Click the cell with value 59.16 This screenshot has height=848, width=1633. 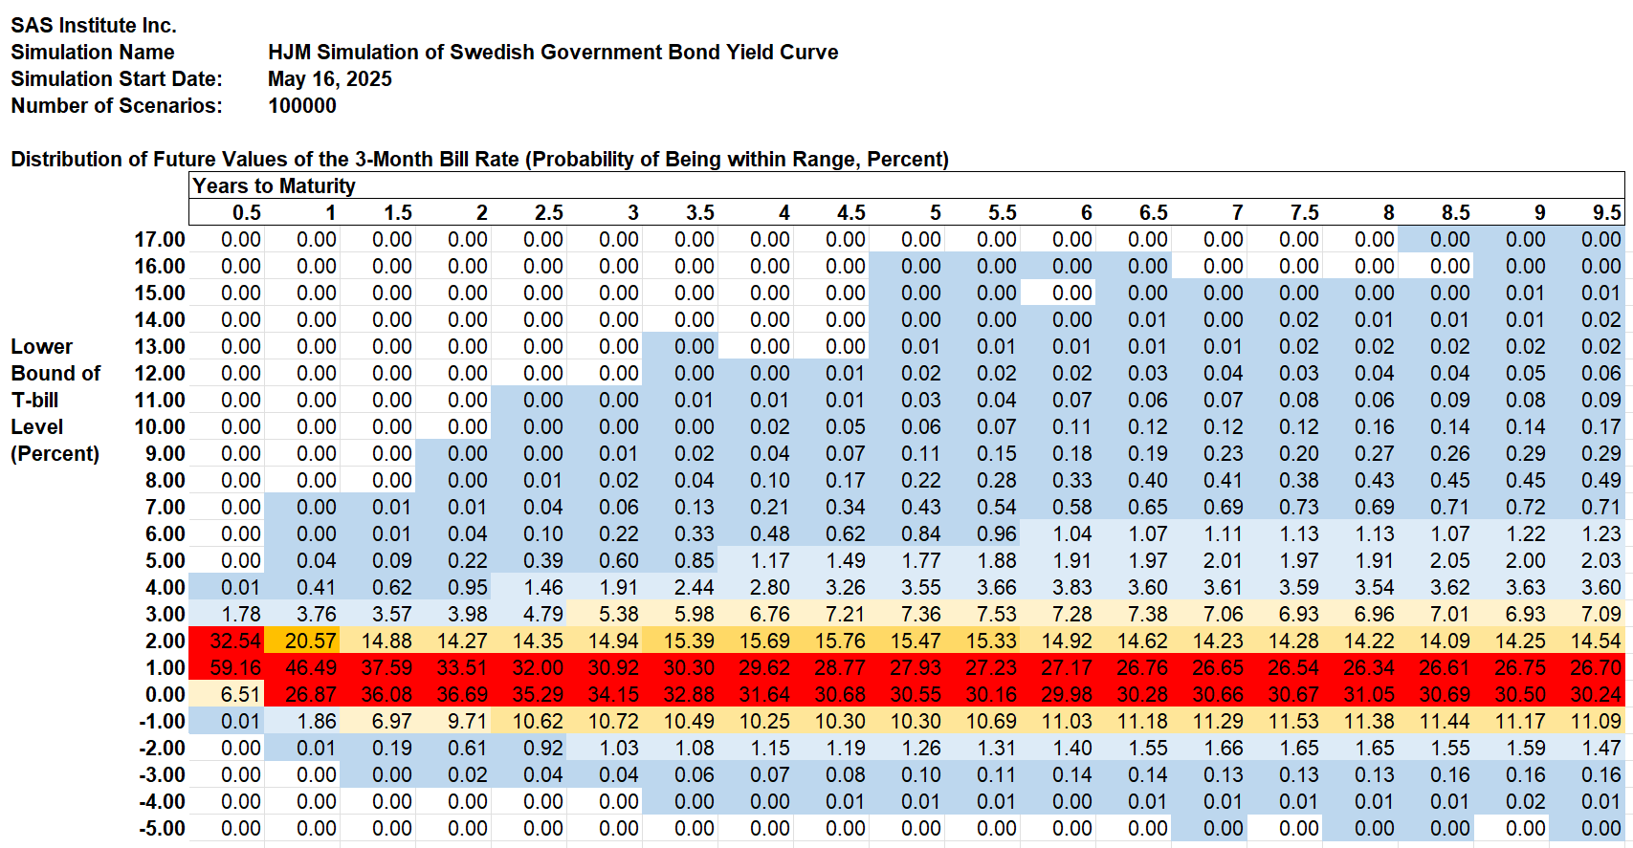tap(226, 667)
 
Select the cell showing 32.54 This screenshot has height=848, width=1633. tap(226, 641)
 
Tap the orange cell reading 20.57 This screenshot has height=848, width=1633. tap(301, 641)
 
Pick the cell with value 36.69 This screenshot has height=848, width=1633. tap(452, 694)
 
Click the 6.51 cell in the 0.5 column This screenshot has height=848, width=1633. tap(226, 694)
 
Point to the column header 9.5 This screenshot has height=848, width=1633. tap(1607, 213)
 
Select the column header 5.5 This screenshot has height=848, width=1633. tap(1002, 213)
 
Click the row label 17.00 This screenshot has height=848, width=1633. tap(160, 239)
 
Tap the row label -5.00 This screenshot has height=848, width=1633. tap(162, 828)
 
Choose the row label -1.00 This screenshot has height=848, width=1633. tap(162, 721)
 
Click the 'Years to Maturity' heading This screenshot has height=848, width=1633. tap(274, 185)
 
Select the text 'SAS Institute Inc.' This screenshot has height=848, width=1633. tap(94, 26)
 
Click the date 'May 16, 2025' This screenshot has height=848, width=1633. tap(329, 78)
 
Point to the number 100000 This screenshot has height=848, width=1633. tap(301, 105)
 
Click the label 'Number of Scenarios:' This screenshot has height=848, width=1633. tap(117, 105)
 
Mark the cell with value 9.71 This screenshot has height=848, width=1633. tap(452, 721)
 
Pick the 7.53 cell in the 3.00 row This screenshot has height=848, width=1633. tap(982, 614)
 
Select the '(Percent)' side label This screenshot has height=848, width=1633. tap(55, 454)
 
